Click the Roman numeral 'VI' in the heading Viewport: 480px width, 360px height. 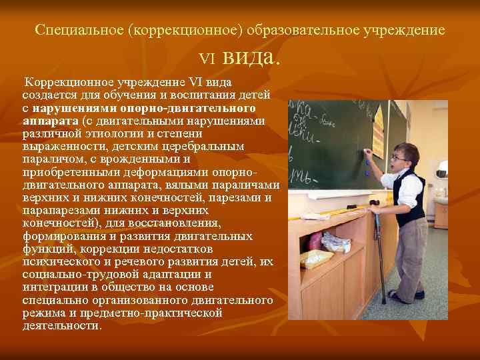pyautogui.click(x=209, y=59)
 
